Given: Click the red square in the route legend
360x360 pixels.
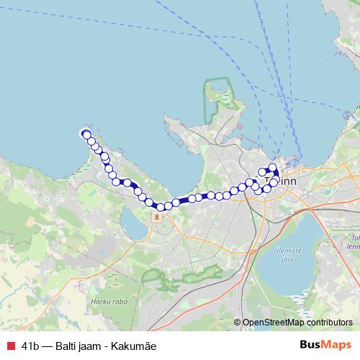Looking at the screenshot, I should [x=10, y=346].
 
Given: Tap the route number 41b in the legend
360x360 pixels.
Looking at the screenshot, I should [x=31, y=346].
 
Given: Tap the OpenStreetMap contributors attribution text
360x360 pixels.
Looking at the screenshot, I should [x=297, y=323].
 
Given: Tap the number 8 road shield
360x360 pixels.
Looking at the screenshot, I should [x=156, y=216].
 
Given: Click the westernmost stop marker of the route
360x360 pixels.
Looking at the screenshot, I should [x=86, y=135].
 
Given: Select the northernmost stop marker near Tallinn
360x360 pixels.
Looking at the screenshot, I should [x=273, y=168].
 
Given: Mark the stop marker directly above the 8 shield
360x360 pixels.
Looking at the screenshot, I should [x=159, y=207].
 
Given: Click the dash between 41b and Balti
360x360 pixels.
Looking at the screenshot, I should [x=46, y=346].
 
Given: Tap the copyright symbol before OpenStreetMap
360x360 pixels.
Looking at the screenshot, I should [x=238, y=323].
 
